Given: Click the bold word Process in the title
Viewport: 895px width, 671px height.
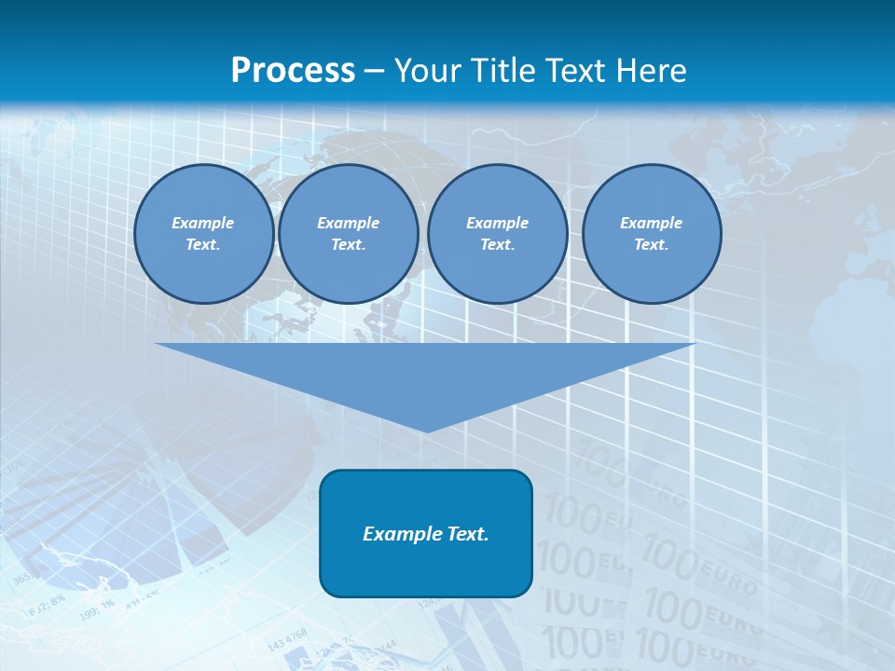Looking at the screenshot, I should (293, 70).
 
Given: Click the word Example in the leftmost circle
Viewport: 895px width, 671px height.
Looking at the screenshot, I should (203, 223).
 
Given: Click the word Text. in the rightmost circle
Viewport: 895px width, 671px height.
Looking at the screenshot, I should (652, 244).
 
